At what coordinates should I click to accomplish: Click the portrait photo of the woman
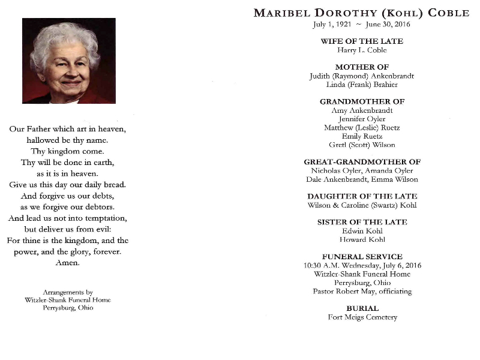click(68, 61)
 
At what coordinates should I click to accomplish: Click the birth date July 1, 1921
click(332, 25)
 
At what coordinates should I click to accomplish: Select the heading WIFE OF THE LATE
click(362, 41)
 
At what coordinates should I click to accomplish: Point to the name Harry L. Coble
click(362, 50)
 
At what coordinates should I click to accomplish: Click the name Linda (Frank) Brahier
click(362, 85)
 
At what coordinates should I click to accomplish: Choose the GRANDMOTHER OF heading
click(362, 101)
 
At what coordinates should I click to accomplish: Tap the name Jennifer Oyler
click(362, 119)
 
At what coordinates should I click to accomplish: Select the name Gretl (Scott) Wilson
click(362, 145)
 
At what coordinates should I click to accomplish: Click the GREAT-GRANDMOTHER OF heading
click(362, 162)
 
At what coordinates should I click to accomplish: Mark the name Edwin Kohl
click(362, 230)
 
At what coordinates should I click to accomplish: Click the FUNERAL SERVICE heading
click(362, 256)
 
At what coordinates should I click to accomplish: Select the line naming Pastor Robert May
click(362, 291)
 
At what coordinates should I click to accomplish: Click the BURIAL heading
click(362, 308)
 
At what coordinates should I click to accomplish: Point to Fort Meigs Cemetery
click(362, 317)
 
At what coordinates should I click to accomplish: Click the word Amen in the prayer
click(68, 263)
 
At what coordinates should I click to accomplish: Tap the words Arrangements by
click(68, 292)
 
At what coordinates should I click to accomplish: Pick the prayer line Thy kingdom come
click(68, 151)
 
